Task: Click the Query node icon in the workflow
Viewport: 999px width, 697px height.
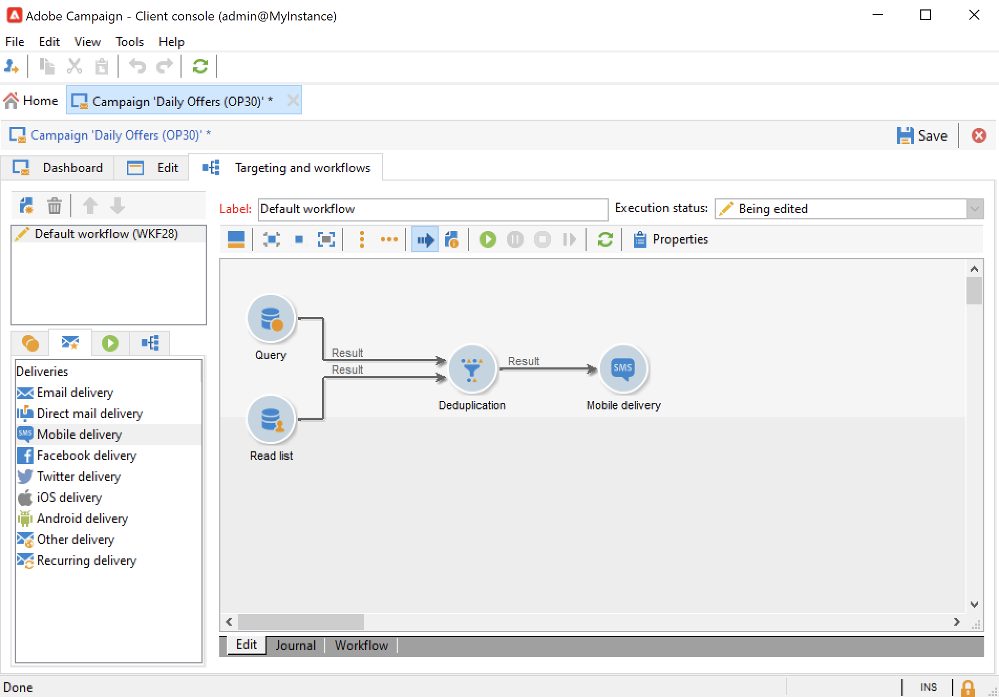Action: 271,319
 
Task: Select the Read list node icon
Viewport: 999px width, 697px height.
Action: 271,419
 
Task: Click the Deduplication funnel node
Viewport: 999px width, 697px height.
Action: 472,369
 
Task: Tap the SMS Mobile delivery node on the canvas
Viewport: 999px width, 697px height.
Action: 623,369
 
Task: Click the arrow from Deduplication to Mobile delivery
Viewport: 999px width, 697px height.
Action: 548,369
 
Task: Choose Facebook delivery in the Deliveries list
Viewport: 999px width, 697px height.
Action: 86,456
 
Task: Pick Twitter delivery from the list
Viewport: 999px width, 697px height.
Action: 78,477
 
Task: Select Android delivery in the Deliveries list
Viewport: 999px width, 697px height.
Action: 82,519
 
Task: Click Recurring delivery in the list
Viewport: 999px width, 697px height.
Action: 86,561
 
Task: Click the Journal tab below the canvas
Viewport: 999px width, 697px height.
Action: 295,645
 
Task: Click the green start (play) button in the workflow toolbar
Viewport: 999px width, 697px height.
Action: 487,240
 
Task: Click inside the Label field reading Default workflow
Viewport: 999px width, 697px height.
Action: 433,209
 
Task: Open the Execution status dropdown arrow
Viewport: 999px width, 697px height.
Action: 974,209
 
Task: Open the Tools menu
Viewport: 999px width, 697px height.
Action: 129,42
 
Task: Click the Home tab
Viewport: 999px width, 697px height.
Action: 31,101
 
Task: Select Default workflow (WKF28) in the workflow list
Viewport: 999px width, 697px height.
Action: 106,234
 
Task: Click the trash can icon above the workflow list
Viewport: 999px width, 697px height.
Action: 55,206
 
